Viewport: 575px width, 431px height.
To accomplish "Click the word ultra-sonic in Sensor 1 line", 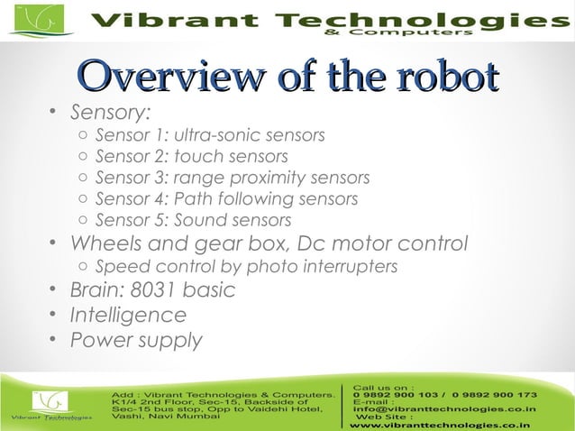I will click(x=214, y=137).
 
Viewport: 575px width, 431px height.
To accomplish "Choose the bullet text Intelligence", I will click(x=128, y=316).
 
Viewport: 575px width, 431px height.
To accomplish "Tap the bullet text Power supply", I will click(x=136, y=341).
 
